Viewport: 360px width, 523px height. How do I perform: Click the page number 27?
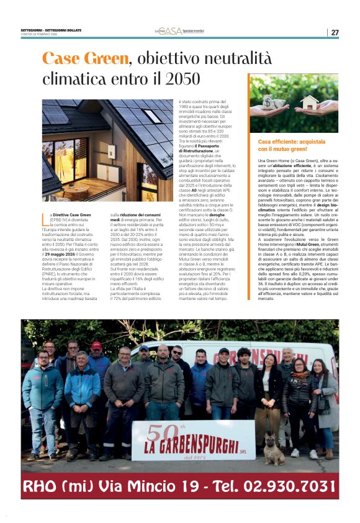[x=335, y=32]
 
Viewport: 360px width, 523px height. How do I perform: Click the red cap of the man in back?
[x=96, y=345]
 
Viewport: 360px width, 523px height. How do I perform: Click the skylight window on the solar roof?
[x=152, y=116]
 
